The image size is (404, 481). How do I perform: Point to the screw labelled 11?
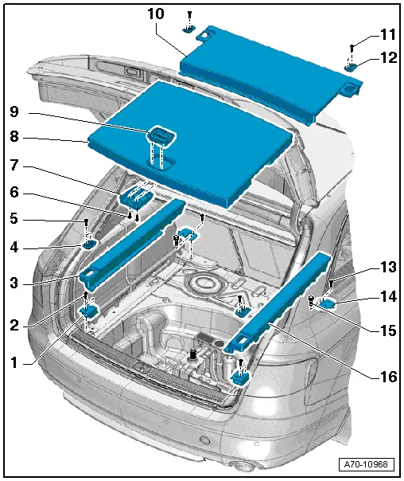coord(352,49)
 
